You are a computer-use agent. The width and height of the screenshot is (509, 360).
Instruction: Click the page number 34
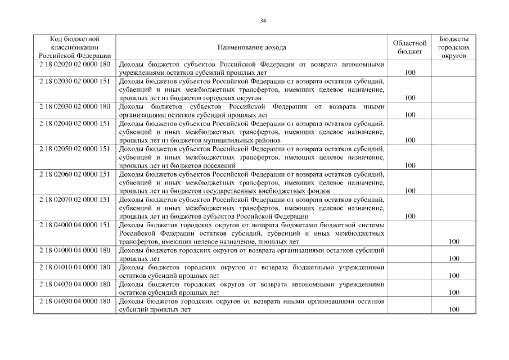coord(263,21)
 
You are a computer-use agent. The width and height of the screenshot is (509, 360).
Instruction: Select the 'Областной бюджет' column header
coord(409,48)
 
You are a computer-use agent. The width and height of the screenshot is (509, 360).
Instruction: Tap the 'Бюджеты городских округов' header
coord(453,48)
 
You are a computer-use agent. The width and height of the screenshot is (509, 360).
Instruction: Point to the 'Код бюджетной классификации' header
coord(75,48)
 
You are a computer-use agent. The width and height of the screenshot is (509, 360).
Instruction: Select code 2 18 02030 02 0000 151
coord(75,81)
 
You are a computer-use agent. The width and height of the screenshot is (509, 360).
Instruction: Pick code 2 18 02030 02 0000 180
coord(75,106)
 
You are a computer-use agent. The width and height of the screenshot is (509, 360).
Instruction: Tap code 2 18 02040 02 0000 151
coord(75,123)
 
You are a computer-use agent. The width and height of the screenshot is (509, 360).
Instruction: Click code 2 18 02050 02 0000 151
coord(75,148)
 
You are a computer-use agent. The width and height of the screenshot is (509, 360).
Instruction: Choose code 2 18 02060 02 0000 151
coord(75,174)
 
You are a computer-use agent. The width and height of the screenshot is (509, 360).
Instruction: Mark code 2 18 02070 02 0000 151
coord(75,199)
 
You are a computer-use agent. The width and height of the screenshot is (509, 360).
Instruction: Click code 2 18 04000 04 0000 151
coord(75,224)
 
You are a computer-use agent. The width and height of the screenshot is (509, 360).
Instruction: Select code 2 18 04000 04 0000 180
coord(75,250)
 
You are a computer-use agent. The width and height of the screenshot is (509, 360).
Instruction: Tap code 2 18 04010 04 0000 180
coord(75,267)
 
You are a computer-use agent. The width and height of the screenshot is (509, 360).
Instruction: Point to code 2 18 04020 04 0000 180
coord(75,284)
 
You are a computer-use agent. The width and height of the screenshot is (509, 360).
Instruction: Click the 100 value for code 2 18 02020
coord(409,73)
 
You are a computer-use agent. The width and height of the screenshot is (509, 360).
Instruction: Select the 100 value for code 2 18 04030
coord(454,309)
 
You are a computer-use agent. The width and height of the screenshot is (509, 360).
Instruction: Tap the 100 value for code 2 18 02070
coord(409,216)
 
